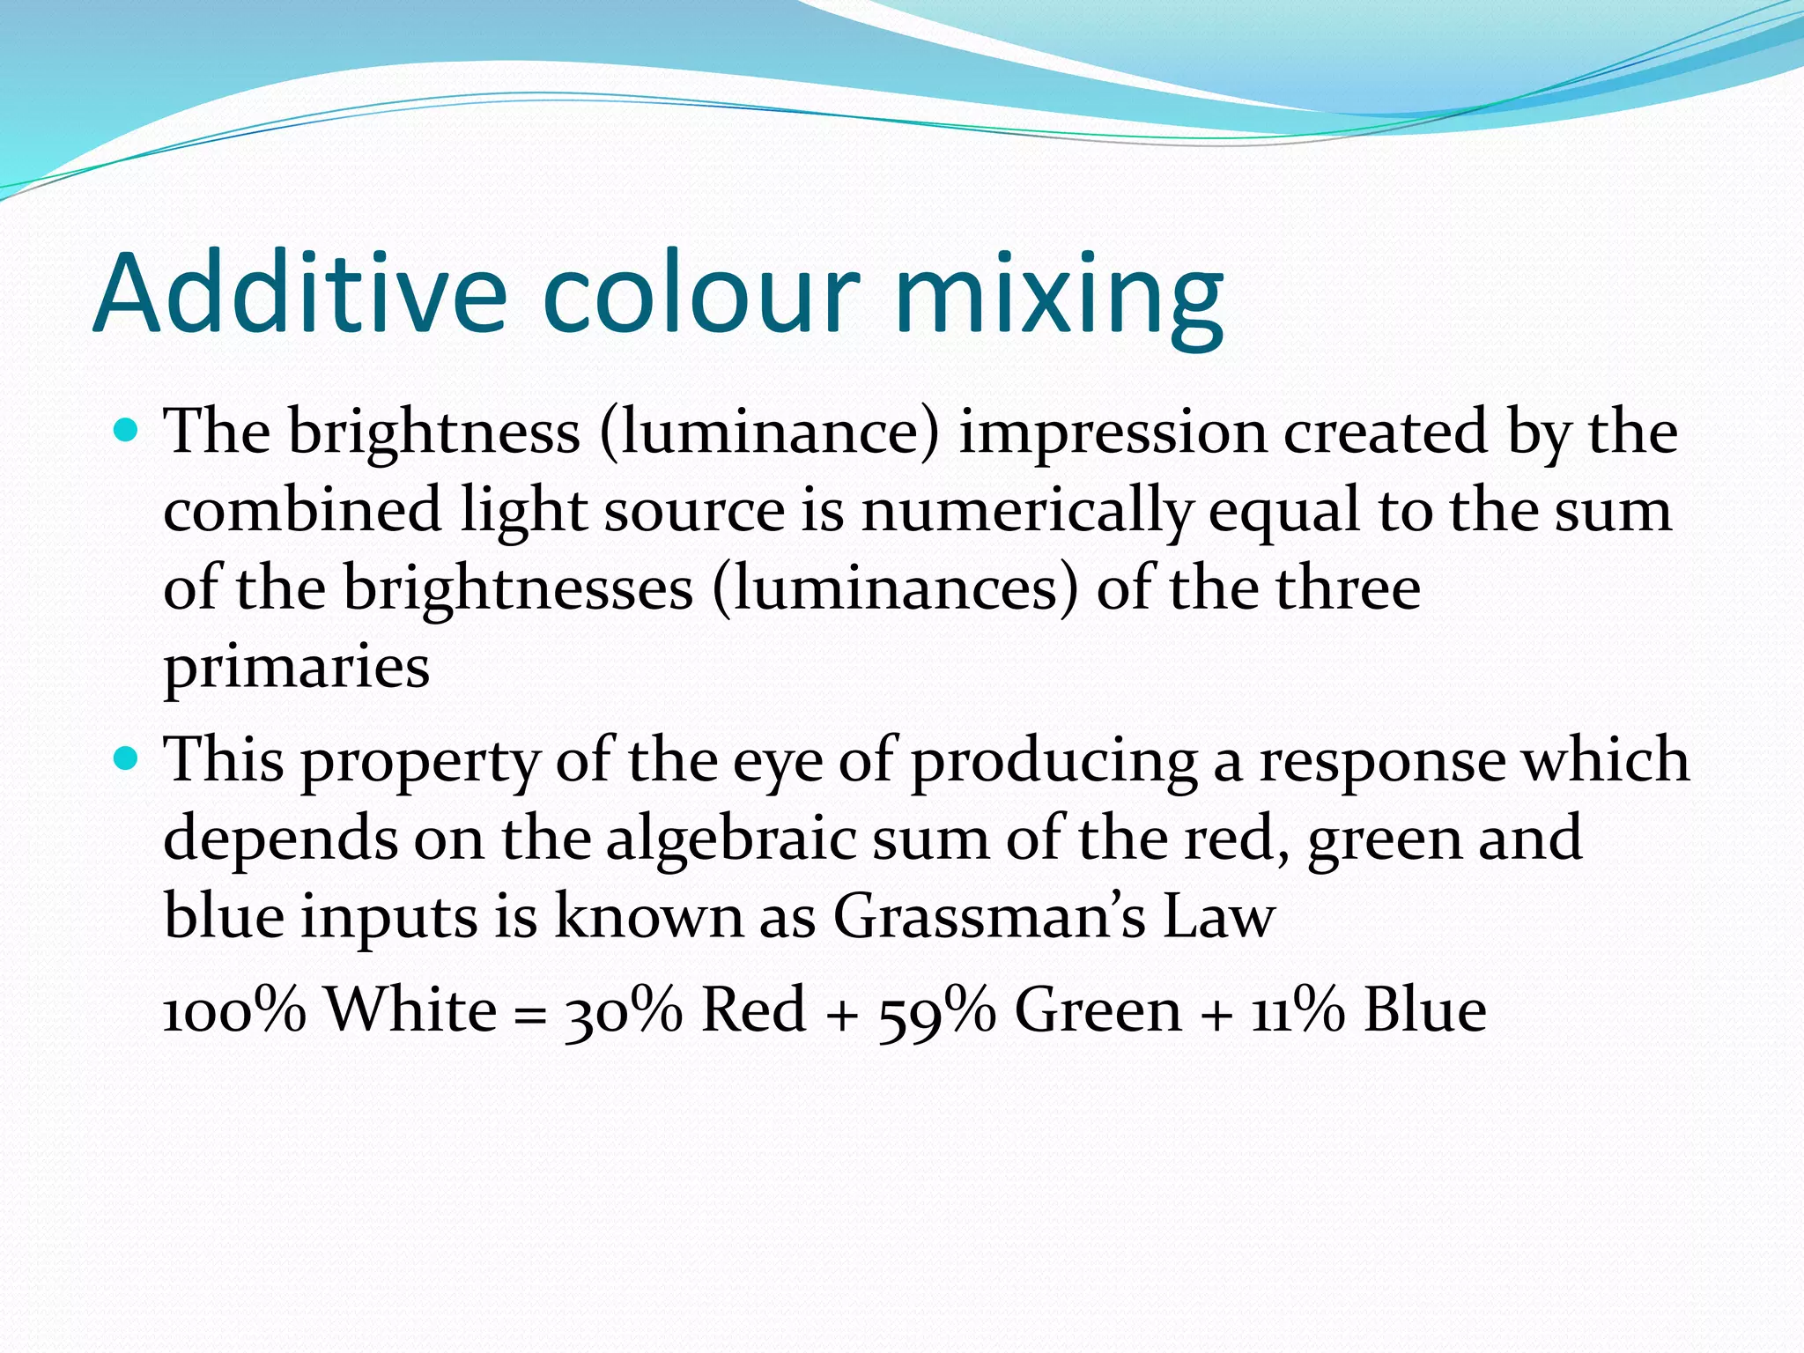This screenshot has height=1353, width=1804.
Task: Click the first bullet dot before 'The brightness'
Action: point(127,432)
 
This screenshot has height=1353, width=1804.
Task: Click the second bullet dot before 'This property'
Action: point(127,758)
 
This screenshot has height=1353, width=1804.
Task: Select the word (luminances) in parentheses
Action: point(895,588)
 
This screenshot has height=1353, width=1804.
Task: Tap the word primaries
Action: point(297,667)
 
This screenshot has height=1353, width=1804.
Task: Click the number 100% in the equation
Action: point(234,1009)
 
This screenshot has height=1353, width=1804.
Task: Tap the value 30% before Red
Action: point(623,1009)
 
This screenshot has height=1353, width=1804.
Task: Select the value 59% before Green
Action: point(936,1009)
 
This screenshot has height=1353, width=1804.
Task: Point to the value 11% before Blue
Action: point(1297,1009)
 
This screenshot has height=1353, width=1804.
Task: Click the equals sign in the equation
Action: point(529,1013)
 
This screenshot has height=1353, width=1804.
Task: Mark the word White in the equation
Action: point(411,1009)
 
